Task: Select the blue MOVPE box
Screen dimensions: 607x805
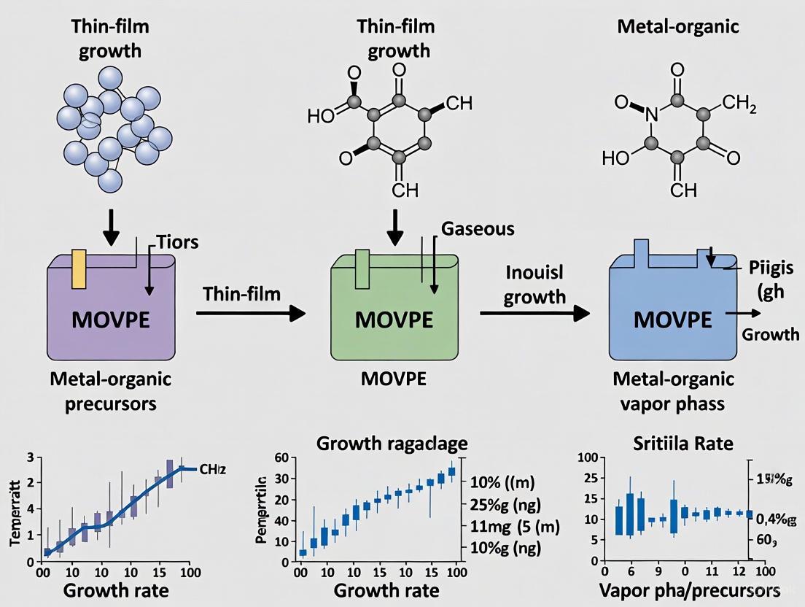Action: click(x=671, y=314)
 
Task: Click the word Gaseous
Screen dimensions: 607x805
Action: click(x=478, y=228)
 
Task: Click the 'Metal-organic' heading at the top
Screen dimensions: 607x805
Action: click(x=677, y=28)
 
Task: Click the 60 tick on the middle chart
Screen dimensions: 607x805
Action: click(x=284, y=458)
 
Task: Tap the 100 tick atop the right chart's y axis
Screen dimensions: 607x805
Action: click(x=587, y=457)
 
